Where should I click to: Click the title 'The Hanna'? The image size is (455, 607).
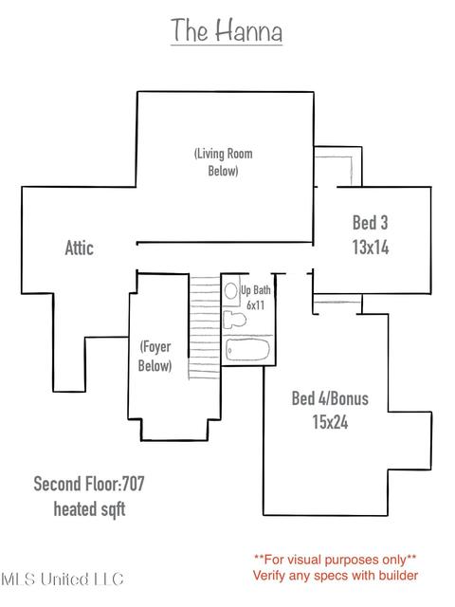pos(227,30)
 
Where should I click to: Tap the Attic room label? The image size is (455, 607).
pos(80,248)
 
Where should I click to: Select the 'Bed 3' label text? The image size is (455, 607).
pos(371,223)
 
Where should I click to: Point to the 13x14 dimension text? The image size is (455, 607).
pos(371,247)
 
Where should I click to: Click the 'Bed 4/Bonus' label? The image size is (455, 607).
pos(330,398)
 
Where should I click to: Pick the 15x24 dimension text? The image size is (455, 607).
pos(330,422)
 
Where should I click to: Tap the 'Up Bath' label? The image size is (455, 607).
pos(256,290)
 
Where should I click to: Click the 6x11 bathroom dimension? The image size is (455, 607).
pos(256,305)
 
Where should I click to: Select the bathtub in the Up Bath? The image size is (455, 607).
pos(247,350)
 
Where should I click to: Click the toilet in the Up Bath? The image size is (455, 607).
pos(234,320)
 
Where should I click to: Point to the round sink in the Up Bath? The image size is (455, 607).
pos(231,291)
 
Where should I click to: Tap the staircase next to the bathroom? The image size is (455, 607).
pos(205,327)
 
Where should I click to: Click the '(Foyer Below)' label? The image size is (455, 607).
pos(155,357)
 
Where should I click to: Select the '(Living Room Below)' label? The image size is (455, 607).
pos(224,162)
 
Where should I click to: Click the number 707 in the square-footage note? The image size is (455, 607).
pos(134,484)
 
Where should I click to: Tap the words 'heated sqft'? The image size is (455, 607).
pos(89,509)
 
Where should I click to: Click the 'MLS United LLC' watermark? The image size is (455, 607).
pos(63,579)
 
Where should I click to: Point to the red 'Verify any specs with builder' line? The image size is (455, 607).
pos(336,576)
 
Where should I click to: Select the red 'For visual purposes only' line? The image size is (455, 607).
pos(335,560)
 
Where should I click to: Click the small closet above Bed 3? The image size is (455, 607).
pos(337,167)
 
